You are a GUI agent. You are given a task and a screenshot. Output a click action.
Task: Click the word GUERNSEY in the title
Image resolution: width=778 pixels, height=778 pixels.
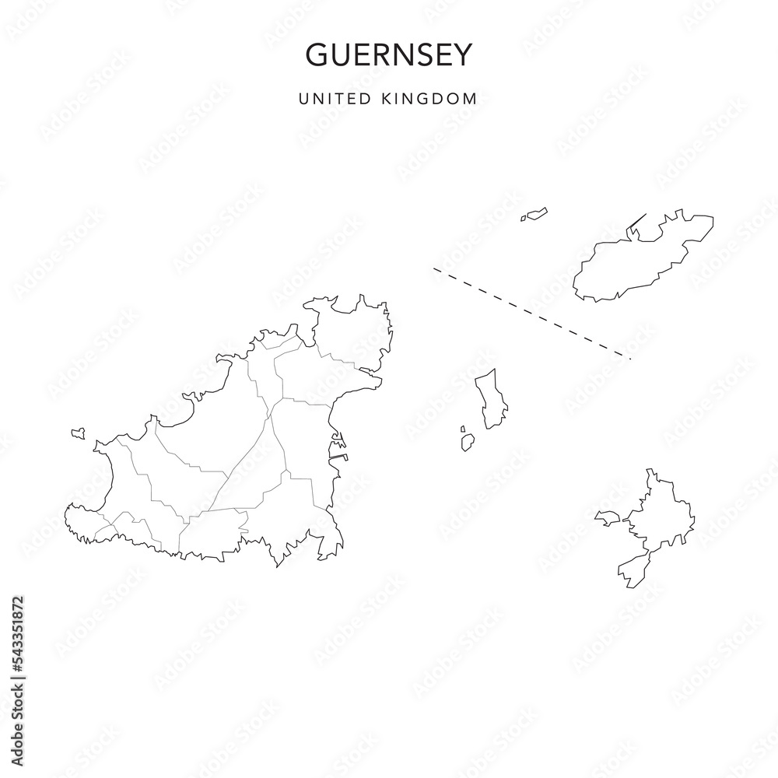click(x=388, y=54)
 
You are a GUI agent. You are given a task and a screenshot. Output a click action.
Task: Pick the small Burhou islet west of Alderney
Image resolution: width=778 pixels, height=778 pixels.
click(x=534, y=214)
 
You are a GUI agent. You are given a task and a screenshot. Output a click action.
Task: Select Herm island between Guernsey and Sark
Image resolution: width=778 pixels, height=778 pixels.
click(x=492, y=398)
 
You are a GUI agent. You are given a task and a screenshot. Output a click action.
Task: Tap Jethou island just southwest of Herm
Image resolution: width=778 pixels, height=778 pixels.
click(x=468, y=443)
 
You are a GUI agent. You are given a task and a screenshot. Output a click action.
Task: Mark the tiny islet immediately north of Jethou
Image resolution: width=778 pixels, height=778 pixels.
click(x=463, y=429)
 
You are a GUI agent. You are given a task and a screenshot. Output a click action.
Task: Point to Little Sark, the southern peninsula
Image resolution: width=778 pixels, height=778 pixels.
click(x=632, y=572)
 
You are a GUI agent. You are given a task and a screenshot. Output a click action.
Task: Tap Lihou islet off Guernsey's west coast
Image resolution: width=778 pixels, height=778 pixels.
click(x=77, y=433)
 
